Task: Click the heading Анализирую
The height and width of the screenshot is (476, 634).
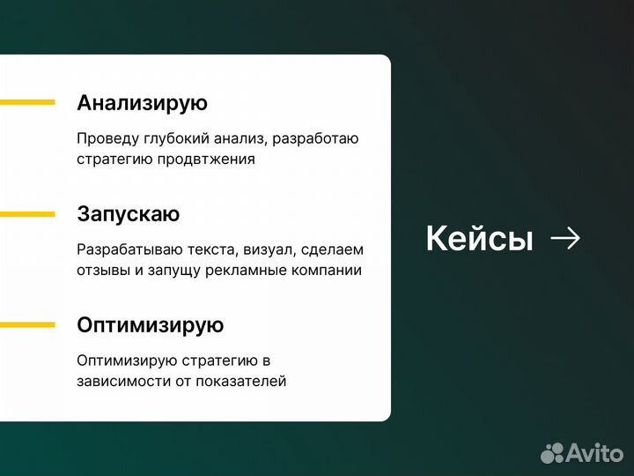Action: click(x=142, y=103)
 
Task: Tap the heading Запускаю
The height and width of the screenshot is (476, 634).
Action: click(x=128, y=214)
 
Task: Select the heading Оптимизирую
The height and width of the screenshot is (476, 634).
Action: click(x=150, y=325)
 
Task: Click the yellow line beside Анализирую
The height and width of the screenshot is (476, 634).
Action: click(x=27, y=102)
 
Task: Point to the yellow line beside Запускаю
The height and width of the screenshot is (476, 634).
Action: click(x=27, y=213)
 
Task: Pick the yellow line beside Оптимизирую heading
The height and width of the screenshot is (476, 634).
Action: click(x=27, y=324)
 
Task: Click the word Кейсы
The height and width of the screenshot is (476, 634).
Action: click(x=479, y=239)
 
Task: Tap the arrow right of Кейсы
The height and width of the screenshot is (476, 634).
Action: click(x=564, y=238)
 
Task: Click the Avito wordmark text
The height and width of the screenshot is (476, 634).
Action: click(x=594, y=453)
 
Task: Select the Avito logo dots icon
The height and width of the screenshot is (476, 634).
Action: click(x=552, y=453)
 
